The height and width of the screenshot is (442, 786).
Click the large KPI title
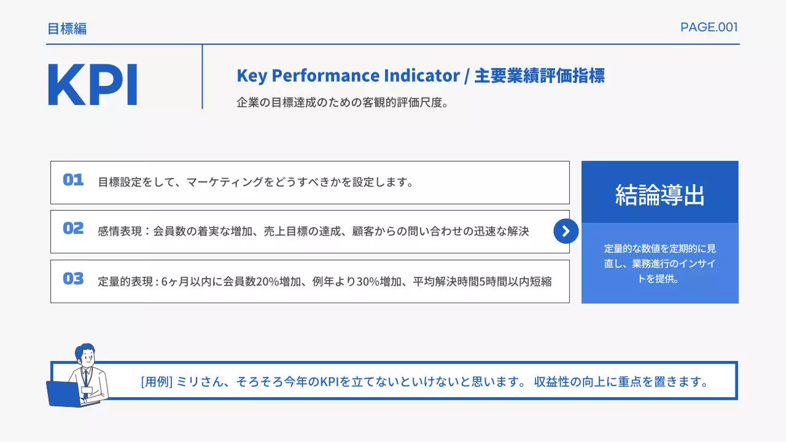92,84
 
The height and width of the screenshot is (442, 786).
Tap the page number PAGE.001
709,27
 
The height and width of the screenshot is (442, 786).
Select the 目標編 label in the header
67,28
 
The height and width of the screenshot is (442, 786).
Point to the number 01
73,180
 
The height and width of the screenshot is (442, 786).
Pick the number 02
73,228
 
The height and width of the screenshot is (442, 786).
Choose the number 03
73,279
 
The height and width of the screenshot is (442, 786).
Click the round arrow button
566,231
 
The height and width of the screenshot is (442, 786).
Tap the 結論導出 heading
660,195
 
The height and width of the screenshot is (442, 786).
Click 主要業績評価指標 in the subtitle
540,76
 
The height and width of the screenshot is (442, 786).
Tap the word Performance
325,76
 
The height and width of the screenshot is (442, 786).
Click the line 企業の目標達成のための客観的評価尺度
342,103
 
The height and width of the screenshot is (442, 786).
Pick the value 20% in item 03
267,282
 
